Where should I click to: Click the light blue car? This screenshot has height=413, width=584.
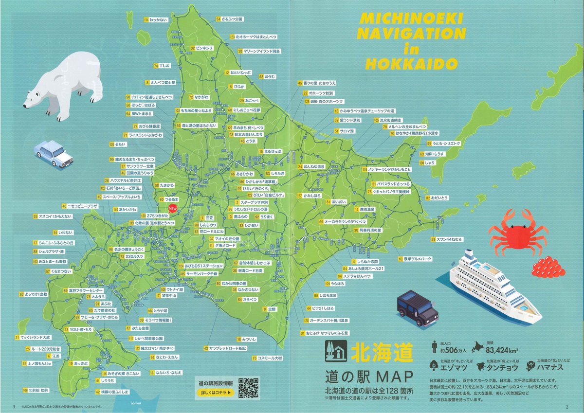(54, 154)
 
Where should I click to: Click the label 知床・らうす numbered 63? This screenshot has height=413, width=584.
(433, 154)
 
